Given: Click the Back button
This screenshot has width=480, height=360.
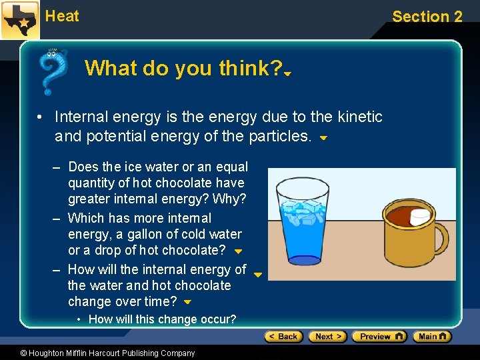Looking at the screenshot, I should pyautogui.click(x=283, y=337).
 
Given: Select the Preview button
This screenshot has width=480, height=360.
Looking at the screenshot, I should pyautogui.click(x=379, y=337).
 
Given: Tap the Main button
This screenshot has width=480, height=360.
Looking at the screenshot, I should pyautogui.click(x=432, y=337).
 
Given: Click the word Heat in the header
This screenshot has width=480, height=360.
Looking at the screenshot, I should pyautogui.click(x=62, y=16).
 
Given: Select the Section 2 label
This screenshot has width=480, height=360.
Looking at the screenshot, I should pyautogui.click(x=427, y=17).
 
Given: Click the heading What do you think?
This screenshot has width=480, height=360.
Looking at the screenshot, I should pyautogui.click(x=183, y=68).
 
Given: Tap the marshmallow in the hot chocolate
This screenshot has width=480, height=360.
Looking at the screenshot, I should pyautogui.click(x=420, y=217).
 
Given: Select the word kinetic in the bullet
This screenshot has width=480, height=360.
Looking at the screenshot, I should pyautogui.click(x=360, y=117).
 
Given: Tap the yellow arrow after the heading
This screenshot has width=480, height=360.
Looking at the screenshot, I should pyautogui.click(x=287, y=74).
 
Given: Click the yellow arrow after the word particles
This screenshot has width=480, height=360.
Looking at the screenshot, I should pyautogui.click(x=323, y=139).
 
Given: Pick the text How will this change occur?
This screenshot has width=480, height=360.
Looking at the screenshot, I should pyautogui.click(x=162, y=319).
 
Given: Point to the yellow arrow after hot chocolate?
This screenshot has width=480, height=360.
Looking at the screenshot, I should pyautogui.click(x=238, y=252).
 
